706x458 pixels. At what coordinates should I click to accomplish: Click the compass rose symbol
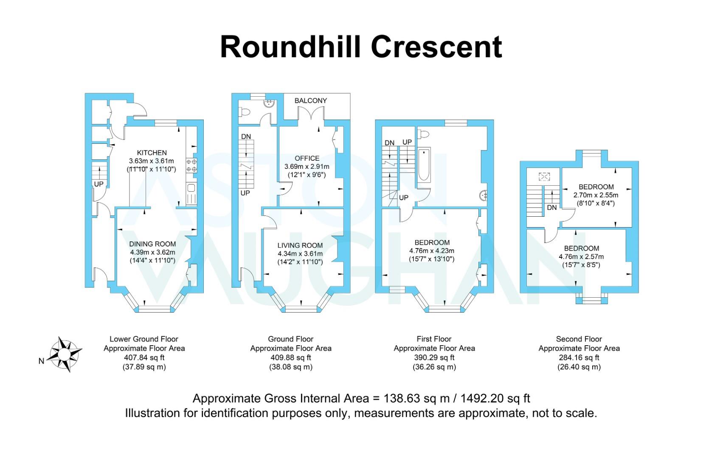point(64,355)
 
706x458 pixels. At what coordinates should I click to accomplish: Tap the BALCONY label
point(310,101)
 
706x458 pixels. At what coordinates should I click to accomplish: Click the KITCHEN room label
point(152,153)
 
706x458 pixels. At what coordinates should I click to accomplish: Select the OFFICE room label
point(307,158)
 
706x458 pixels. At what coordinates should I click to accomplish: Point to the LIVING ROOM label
point(300,246)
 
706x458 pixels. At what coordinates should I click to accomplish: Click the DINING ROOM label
point(152,244)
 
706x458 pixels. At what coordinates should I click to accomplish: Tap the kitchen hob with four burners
point(191,165)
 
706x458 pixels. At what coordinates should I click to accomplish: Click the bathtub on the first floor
point(424,165)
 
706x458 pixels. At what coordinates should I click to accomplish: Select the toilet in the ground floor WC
point(244,112)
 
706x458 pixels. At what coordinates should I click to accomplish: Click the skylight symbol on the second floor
point(544,176)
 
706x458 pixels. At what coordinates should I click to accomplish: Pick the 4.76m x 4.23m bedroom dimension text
point(432,251)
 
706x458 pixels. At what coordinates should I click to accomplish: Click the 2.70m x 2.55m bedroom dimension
point(596,195)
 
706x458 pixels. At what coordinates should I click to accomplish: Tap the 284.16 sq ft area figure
point(579,357)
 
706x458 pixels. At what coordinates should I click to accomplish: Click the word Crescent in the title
point(436,47)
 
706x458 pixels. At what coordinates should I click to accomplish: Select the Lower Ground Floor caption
point(144,339)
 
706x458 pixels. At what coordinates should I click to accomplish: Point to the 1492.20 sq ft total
point(495,399)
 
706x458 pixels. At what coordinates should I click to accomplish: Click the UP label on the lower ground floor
point(98,184)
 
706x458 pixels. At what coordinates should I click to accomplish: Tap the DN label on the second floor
point(552,207)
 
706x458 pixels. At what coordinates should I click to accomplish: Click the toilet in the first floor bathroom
point(423,134)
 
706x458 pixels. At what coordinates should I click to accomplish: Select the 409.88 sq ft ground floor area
point(291,357)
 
